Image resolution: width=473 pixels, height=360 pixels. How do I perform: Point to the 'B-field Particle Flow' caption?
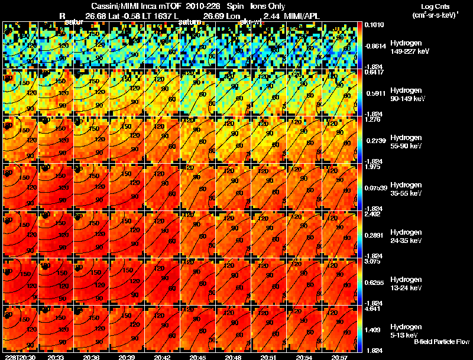(442, 342)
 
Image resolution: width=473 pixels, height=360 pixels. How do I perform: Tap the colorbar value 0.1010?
(374, 25)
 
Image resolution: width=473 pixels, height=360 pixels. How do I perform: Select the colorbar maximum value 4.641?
(374, 309)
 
